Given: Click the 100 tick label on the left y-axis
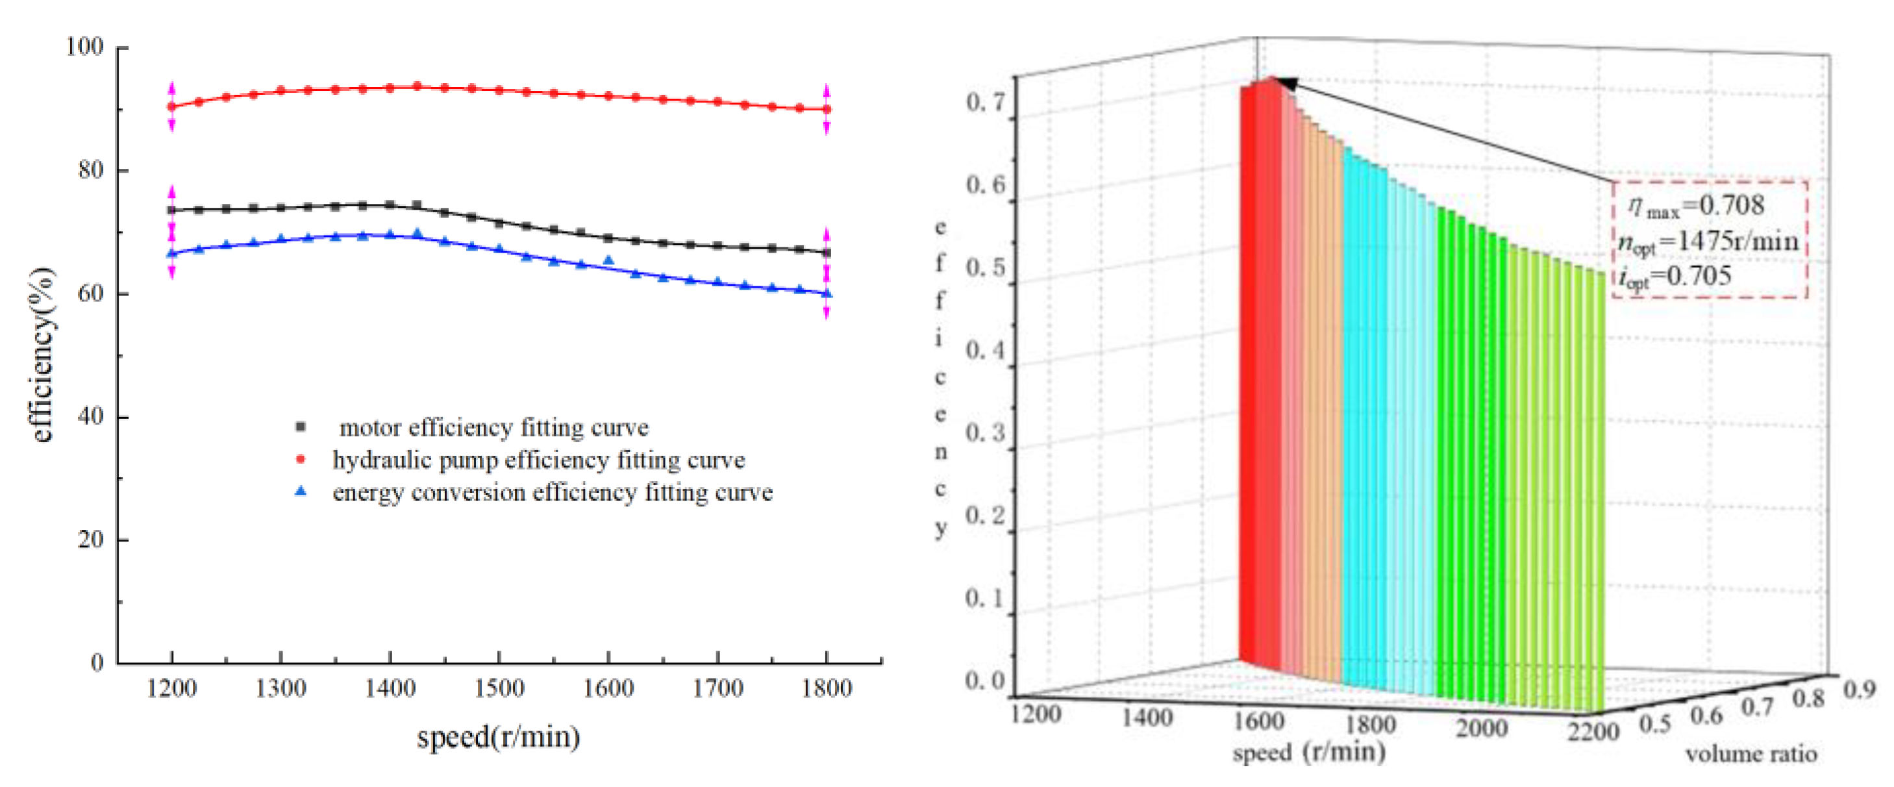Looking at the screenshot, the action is [x=84, y=46].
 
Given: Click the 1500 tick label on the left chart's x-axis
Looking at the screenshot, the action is [x=499, y=688].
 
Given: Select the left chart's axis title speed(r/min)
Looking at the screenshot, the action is [x=499, y=736].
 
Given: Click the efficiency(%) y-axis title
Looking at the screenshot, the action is [x=43, y=355].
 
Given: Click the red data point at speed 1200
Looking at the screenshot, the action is [x=172, y=106].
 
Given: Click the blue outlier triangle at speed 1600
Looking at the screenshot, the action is [x=608, y=260].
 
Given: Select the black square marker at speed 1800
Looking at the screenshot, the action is [x=827, y=253].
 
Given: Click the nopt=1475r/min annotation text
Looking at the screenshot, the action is [x=1707, y=242].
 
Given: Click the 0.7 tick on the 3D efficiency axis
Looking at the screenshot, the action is [x=984, y=102].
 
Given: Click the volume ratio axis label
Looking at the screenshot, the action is [x=1751, y=754].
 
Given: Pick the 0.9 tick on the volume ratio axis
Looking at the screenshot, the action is [x=1860, y=689].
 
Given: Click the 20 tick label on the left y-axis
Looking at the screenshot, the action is [x=90, y=539].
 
